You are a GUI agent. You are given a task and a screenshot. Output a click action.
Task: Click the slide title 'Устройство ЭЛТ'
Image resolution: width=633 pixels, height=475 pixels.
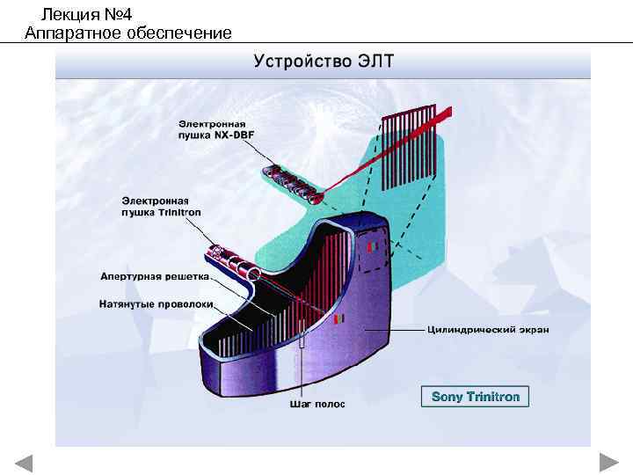tap(324, 62)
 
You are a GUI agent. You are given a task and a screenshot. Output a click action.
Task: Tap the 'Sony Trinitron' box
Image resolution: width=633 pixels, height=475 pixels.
tap(475, 397)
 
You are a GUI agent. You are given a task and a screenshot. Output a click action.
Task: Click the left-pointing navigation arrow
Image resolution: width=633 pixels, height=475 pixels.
tap(24, 463)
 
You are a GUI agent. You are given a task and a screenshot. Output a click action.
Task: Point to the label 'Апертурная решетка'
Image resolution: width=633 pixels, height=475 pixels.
tap(155, 275)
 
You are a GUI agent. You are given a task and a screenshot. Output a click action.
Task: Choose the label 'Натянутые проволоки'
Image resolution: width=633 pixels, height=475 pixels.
tap(156, 304)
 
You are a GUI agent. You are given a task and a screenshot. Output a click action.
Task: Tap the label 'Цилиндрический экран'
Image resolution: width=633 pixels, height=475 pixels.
tap(487, 330)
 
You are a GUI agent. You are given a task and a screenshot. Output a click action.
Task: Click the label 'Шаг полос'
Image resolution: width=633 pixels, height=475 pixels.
tap(317, 405)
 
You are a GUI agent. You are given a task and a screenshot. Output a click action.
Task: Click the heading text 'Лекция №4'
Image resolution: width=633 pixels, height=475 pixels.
tap(86, 13)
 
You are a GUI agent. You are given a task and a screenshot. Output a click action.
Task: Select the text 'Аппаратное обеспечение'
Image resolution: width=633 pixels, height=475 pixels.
tap(128, 33)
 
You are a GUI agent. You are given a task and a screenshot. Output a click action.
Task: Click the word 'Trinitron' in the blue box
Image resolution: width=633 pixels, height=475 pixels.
tap(493, 397)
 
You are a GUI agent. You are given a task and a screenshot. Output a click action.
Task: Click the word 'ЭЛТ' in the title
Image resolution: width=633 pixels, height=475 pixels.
tap(375, 62)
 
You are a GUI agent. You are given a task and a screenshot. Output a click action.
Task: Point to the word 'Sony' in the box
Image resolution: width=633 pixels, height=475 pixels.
tap(447, 397)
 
